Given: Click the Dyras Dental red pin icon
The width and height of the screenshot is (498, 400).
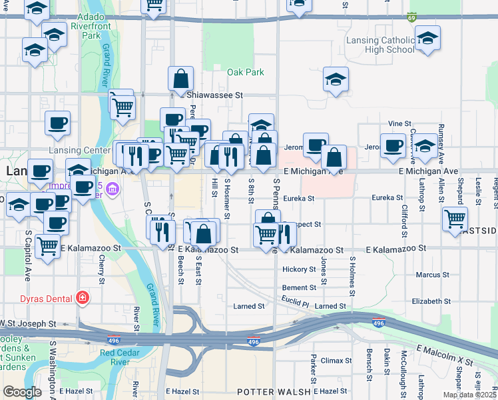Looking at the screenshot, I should click(81, 297).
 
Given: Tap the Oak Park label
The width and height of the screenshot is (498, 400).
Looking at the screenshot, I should click(245, 73).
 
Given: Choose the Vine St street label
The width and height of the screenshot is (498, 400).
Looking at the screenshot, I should click(400, 123).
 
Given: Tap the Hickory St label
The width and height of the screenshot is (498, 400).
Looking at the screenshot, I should click(298, 269).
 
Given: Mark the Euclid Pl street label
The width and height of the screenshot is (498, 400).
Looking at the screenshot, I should click(296, 303).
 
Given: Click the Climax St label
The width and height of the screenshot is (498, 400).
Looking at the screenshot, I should click(336, 361).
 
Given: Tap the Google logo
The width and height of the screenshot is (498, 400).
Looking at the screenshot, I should click(22, 392).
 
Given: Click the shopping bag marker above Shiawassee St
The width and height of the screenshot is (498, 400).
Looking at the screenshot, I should click(181, 79).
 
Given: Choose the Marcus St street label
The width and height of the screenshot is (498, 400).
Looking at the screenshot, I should click(432, 275).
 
